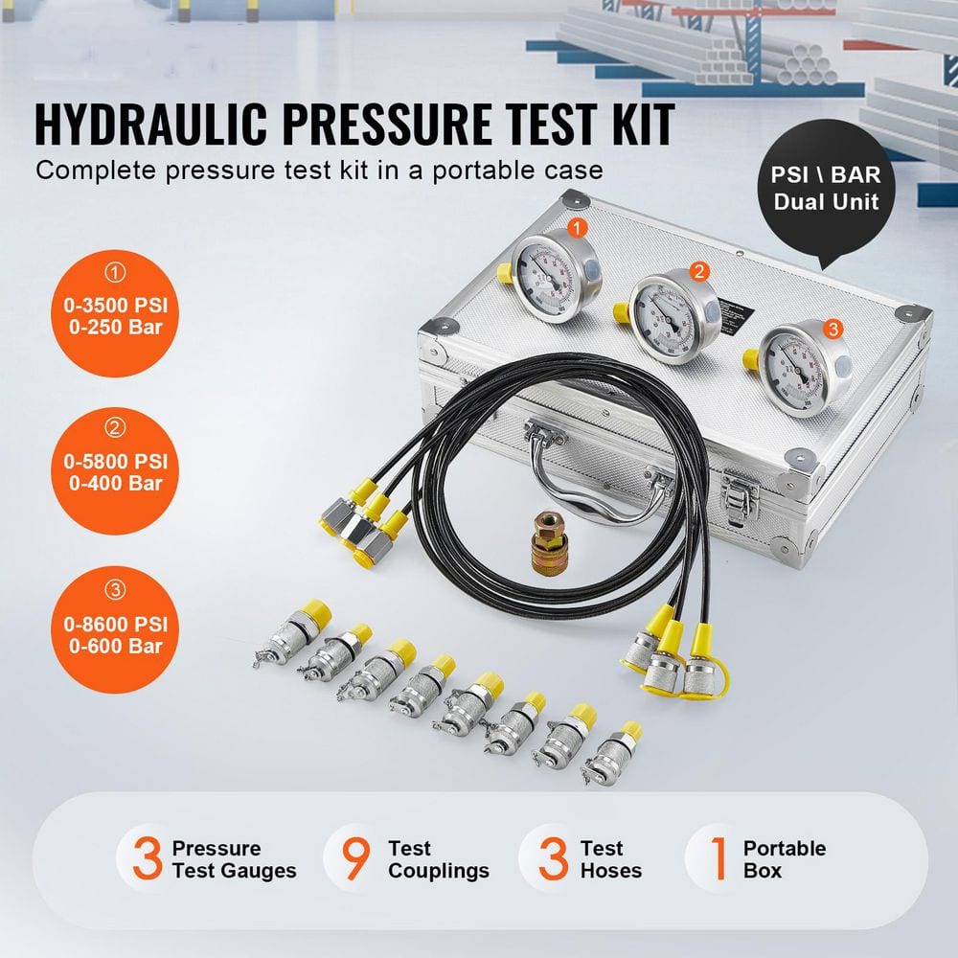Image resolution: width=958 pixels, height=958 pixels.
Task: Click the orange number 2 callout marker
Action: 699,272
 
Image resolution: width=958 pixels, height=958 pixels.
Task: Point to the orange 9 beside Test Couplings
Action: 355,858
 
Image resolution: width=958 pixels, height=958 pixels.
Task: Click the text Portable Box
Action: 784,859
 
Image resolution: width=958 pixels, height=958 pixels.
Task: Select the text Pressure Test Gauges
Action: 234,859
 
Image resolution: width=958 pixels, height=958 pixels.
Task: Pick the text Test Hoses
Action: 610,859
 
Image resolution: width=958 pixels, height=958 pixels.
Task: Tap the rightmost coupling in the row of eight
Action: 612,758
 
